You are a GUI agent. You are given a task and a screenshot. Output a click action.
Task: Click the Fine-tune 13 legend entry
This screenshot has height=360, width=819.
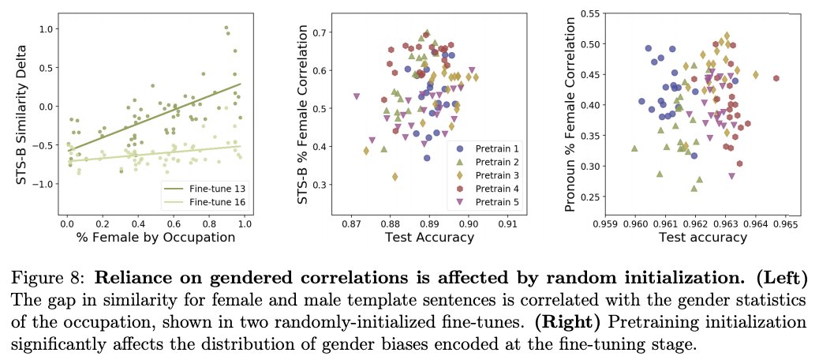(x=211, y=189)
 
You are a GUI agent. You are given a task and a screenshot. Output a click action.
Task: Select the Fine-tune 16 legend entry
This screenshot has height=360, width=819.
(x=211, y=201)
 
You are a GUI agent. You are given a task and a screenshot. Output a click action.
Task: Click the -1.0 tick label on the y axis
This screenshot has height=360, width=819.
(x=47, y=183)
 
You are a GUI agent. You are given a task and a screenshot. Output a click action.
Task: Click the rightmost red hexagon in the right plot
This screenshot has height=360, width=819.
(x=776, y=78)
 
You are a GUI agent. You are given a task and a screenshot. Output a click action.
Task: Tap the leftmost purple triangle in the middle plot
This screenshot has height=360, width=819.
(x=357, y=96)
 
